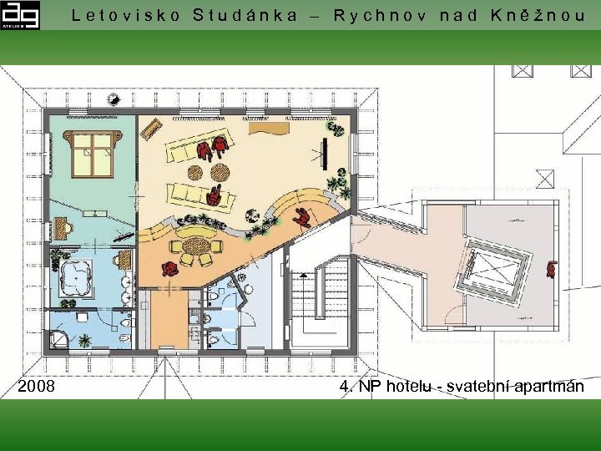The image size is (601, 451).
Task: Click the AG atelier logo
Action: (x=20, y=15)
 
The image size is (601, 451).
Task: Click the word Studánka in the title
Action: (x=245, y=15)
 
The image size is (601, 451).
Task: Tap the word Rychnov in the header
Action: (x=380, y=16)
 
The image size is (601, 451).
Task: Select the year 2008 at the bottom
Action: (x=36, y=386)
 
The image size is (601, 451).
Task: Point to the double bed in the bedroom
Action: (x=93, y=154)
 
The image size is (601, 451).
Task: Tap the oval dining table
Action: (x=196, y=246)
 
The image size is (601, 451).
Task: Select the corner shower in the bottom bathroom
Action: (x=59, y=340)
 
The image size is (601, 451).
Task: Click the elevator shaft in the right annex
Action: (x=493, y=270)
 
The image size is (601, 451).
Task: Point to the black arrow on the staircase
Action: (x=303, y=275)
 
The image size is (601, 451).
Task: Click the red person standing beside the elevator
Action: (x=552, y=269)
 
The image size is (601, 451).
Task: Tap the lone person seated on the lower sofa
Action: (x=214, y=195)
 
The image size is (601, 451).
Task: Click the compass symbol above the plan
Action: (x=114, y=99)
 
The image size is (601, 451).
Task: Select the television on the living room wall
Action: (x=325, y=154)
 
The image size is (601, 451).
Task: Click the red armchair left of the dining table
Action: (x=169, y=269)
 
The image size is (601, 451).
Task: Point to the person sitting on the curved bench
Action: (x=302, y=218)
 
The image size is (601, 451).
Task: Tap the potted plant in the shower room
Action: (x=84, y=340)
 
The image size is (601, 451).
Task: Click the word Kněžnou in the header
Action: (x=538, y=15)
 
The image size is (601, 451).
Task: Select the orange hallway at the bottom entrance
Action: (x=169, y=319)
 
